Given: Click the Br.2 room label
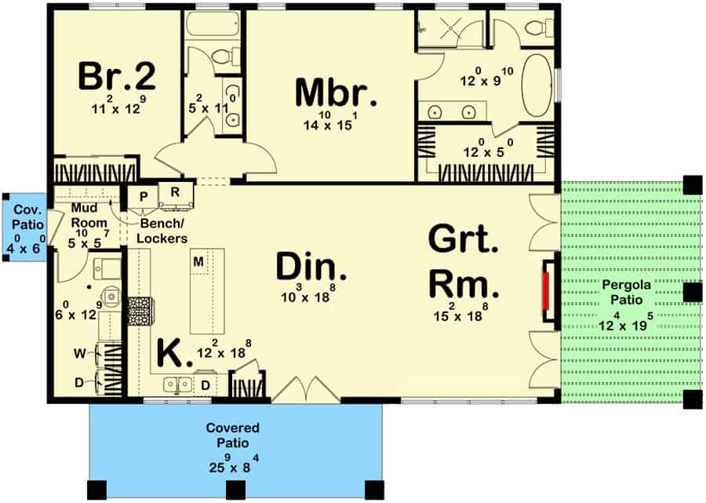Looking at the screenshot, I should point(117,78).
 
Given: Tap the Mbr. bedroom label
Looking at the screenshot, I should point(336,93).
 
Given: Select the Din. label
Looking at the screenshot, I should point(311,268).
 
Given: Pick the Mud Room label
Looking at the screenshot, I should point(84,215).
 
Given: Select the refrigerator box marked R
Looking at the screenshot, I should point(174,193).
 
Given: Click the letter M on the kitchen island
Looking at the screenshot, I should point(199,261).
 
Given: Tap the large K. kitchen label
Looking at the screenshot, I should point(175,354).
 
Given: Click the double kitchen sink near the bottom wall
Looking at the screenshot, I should point(180,385).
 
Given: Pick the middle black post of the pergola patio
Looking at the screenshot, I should point(692,293).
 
